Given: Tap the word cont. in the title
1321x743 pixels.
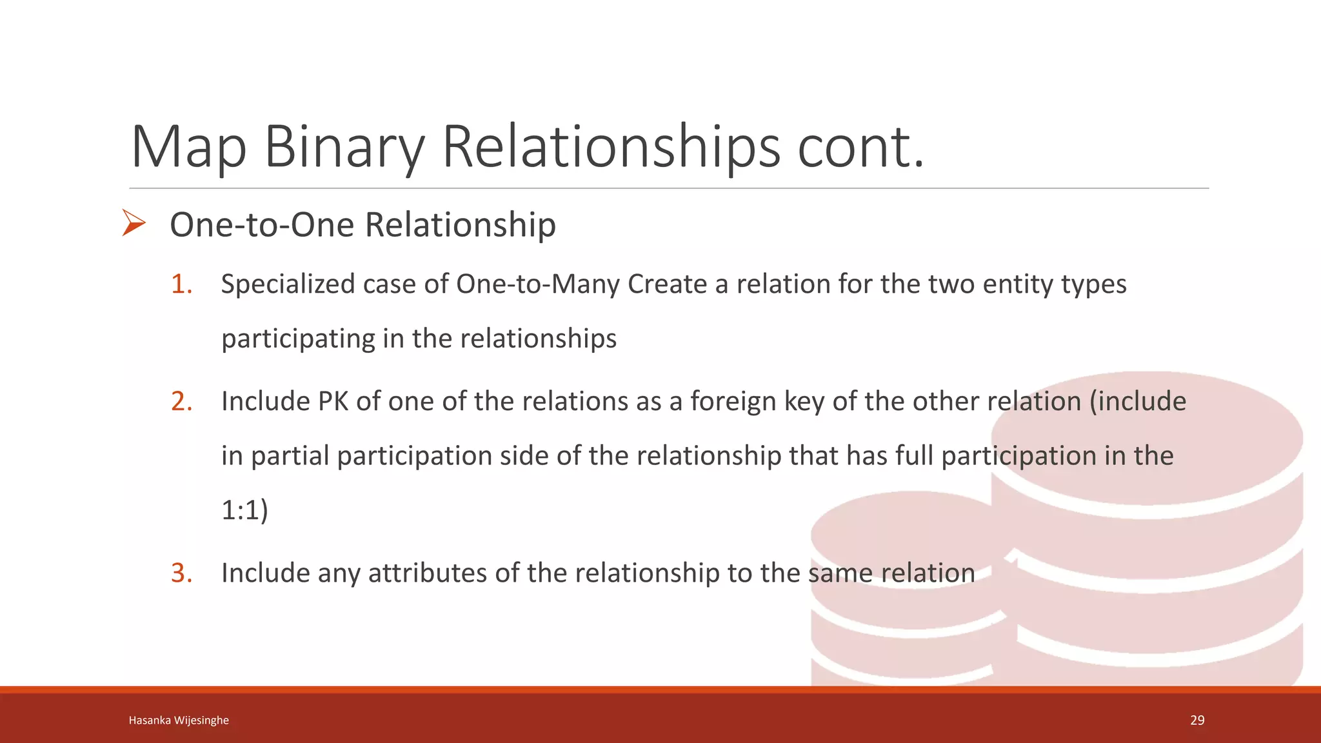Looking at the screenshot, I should click(x=861, y=147).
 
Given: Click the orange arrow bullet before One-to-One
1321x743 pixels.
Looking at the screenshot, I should click(x=134, y=223).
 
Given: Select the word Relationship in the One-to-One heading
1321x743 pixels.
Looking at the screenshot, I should click(x=460, y=224).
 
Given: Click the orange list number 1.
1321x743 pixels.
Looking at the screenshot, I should click(x=181, y=284).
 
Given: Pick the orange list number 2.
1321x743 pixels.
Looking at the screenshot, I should click(x=181, y=401).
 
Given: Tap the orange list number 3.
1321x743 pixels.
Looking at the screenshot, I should click(x=181, y=573).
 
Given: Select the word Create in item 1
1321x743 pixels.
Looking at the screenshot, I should click(x=667, y=284).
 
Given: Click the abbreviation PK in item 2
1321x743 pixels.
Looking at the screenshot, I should click(x=333, y=401).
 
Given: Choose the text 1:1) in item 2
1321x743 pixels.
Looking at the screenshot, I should click(x=244, y=510).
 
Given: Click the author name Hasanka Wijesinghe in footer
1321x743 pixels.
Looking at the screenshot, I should click(x=179, y=720).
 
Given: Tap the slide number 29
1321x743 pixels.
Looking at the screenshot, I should click(x=1197, y=720).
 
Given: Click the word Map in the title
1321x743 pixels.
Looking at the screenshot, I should click(x=188, y=147).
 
